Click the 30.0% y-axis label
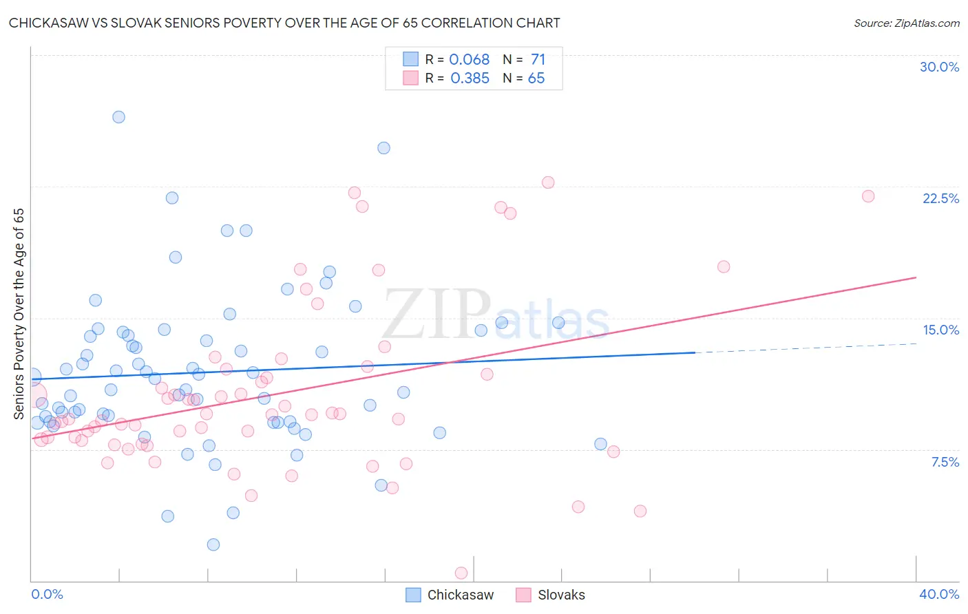(x=939, y=67)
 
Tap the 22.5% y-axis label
(x=940, y=198)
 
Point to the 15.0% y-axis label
(x=940, y=330)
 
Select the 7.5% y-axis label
(x=945, y=462)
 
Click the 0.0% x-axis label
(x=47, y=594)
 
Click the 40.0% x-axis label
(x=939, y=594)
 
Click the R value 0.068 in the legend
(x=469, y=60)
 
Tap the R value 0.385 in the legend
(x=470, y=78)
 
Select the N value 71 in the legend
(x=538, y=60)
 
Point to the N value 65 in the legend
(x=536, y=78)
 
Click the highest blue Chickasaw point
(x=118, y=117)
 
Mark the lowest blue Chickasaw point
(x=213, y=544)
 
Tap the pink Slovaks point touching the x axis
(x=461, y=573)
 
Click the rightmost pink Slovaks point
(x=868, y=196)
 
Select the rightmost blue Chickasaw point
(x=600, y=444)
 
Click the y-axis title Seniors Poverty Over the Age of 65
(x=19, y=313)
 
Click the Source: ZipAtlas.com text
(x=906, y=23)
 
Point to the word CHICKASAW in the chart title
(x=48, y=23)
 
